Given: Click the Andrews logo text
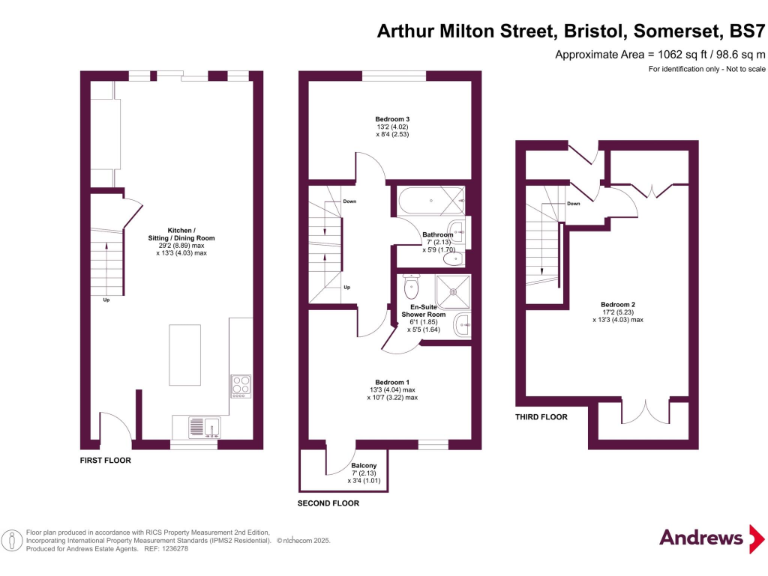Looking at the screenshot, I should pyautogui.click(x=701, y=537).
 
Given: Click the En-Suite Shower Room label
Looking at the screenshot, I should pyautogui.click(x=428, y=310).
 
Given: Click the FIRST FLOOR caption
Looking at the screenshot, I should pyautogui.click(x=106, y=461).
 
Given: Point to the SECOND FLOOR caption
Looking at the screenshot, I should pyautogui.click(x=328, y=503).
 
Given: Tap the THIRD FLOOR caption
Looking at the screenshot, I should pyautogui.click(x=541, y=417).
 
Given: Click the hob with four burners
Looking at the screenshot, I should pyautogui.click(x=241, y=385).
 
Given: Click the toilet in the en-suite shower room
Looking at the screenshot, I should pyautogui.click(x=411, y=288).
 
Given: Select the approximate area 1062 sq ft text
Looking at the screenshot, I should pyautogui.click(x=660, y=54).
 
